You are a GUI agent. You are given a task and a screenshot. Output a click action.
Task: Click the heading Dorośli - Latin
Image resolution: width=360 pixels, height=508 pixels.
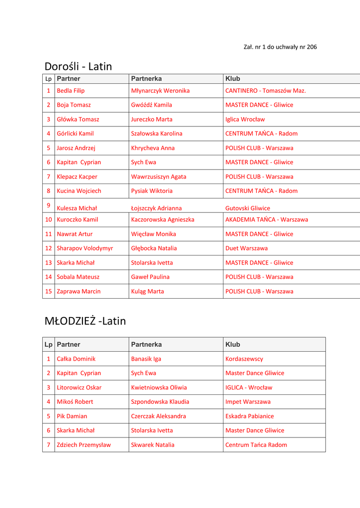[78, 66]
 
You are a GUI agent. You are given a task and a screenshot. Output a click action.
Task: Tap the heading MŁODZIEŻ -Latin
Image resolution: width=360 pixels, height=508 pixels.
[85, 321]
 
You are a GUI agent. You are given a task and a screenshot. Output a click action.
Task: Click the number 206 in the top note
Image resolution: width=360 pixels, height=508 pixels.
[312, 47]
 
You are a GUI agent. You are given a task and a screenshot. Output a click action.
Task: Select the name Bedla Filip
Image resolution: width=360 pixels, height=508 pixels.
[71, 91]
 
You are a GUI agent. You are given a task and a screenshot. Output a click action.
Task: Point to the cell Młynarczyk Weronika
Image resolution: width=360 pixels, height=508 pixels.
[160, 91]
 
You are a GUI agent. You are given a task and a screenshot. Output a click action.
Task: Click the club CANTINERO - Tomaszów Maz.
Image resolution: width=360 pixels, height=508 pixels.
[265, 91]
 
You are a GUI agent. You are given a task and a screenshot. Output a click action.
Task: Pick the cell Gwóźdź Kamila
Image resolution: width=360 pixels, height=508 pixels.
[151, 105]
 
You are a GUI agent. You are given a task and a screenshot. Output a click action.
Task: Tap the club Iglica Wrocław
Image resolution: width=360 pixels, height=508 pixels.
[245, 120]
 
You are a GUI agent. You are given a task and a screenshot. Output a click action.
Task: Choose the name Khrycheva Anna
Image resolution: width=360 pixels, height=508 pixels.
[152, 148]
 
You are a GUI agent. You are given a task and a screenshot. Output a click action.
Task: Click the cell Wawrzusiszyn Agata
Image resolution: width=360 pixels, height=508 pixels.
[158, 177]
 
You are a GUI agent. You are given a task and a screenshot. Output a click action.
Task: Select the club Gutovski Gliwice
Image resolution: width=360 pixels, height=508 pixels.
[247, 208]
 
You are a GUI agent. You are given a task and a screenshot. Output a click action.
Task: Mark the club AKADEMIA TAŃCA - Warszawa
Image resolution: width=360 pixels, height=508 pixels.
[266, 220]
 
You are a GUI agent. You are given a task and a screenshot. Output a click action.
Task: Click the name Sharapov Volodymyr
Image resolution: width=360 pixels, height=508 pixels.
[84, 248]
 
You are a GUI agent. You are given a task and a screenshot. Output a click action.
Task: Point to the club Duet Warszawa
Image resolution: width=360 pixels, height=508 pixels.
[246, 248]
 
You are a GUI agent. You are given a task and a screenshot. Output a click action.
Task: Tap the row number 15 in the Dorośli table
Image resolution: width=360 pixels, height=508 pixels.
[49, 291]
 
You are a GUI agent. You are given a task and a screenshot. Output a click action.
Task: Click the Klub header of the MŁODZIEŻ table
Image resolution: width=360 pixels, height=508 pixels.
[232, 344]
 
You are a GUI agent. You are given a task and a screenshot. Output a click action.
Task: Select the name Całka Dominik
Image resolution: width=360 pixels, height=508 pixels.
[76, 359]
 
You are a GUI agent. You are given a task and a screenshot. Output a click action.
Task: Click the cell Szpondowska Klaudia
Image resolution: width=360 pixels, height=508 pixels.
[160, 402]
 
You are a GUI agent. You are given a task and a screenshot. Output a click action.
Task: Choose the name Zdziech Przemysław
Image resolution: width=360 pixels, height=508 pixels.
[84, 445]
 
